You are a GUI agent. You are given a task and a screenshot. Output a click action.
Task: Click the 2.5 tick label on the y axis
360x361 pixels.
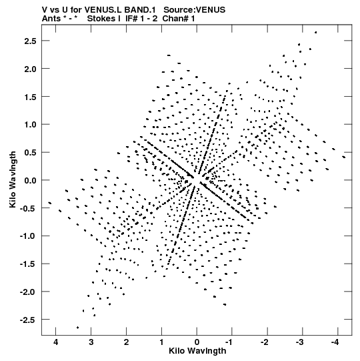(30, 41)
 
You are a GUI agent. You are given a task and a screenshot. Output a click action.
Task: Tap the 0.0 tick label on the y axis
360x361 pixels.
(30, 180)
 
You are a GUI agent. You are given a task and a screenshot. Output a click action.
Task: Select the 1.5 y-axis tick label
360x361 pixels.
(30, 97)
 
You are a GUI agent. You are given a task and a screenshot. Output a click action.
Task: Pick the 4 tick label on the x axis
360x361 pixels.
(56, 342)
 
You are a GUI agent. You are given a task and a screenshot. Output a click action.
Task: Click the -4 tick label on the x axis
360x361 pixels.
(335, 342)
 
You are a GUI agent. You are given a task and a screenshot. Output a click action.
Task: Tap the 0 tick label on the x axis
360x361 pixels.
(197, 342)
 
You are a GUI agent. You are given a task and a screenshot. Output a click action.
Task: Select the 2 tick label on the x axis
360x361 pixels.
(126, 342)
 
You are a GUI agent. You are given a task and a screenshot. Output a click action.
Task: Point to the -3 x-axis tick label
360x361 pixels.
(300, 342)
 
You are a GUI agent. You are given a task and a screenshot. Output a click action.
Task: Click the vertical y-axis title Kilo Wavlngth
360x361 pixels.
(13, 179)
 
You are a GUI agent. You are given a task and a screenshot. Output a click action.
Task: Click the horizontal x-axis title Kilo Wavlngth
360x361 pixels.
(197, 351)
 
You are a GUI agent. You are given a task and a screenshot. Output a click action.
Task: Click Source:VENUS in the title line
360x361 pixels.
(195, 10)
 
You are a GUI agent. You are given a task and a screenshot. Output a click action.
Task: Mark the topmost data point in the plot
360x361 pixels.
(316, 33)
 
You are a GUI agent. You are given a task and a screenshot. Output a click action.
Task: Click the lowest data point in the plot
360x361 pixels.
(78, 328)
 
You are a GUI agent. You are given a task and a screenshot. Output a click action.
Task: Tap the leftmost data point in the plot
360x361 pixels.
(50, 203)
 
